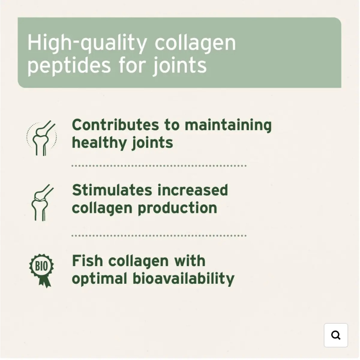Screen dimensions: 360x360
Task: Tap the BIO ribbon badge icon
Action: [41, 271]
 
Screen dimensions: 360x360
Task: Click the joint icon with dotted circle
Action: [41, 138]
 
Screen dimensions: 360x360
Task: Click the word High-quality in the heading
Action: [87, 43]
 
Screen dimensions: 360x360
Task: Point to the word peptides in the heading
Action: [69, 66]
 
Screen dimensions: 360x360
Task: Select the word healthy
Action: [99, 143]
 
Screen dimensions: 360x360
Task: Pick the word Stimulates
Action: [112, 190]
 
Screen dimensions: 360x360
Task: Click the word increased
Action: [193, 190]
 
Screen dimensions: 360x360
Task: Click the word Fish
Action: [87, 261]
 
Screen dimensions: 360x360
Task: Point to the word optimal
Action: [100, 279]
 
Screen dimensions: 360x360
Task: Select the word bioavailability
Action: [184, 279]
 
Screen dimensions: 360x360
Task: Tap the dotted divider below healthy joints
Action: [159, 166]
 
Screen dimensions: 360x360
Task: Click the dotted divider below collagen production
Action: [159, 235]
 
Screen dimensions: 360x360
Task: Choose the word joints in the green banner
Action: [180, 66]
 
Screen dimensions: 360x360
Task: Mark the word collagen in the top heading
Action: [195, 43]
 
